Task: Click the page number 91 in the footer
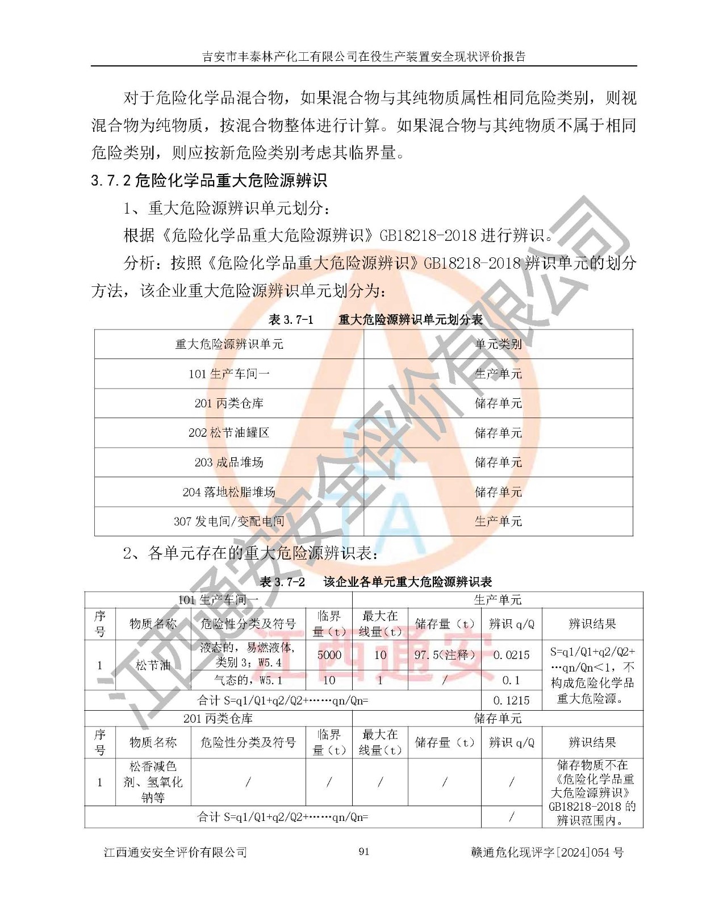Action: click(x=364, y=851)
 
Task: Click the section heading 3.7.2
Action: click(x=209, y=181)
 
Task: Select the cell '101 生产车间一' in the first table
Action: click(x=229, y=374)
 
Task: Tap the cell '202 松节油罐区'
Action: click(x=229, y=433)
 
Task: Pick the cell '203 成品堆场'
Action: click(x=229, y=462)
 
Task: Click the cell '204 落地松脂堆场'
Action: click(x=229, y=492)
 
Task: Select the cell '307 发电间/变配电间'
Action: click(x=229, y=522)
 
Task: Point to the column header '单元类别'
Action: click(x=498, y=344)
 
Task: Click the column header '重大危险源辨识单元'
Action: click(x=229, y=344)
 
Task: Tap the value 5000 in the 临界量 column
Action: click(x=329, y=654)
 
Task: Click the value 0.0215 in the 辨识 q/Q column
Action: click(x=511, y=654)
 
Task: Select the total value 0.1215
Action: click(x=511, y=700)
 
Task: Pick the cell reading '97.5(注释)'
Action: click(x=445, y=654)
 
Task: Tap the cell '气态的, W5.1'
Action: click(x=248, y=680)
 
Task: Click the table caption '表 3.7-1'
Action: click(x=291, y=320)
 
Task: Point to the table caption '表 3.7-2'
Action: click(x=282, y=582)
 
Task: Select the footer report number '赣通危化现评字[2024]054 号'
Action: click(x=547, y=852)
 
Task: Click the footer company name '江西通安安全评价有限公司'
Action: click(x=175, y=852)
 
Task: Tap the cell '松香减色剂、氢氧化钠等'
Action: click(x=153, y=782)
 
